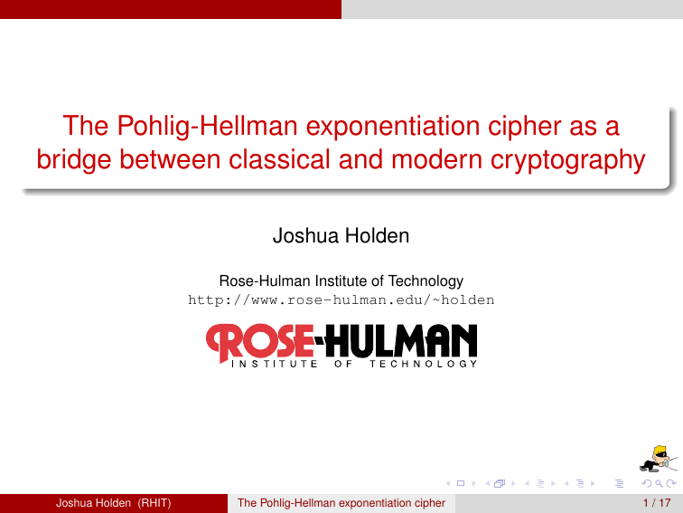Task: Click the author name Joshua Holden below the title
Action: click(341, 237)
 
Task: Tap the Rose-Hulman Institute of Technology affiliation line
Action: click(341, 281)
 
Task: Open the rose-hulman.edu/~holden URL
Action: click(341, 299)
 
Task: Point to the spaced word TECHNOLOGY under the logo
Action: click(423, 364)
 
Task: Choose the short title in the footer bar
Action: click(341, 503)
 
